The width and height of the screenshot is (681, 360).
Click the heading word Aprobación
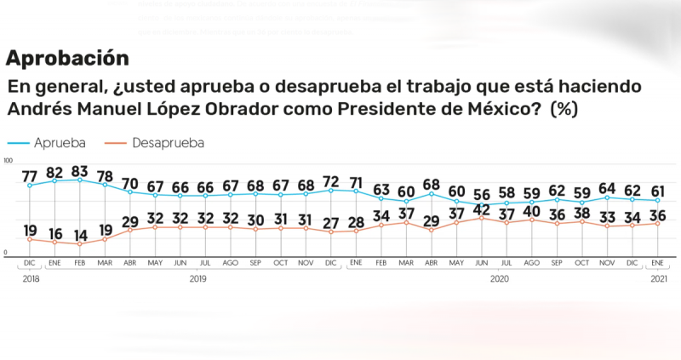click(67, 58)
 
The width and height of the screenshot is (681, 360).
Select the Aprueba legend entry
click(56, 142)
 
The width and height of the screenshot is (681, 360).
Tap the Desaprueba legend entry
click(168, 142)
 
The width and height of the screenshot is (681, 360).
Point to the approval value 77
click(30, 175)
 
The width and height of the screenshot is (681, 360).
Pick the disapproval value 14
click(81, 234)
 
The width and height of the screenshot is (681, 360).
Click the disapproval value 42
click(482, 209)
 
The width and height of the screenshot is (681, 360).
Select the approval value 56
click(482, 194)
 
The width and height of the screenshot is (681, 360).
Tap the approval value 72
click(331, 180)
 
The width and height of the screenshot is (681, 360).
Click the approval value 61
click(658, 190)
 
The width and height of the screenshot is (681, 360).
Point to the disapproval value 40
click(532, 210)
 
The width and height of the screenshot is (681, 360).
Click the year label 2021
click(658, 278)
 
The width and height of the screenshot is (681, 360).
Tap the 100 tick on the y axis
click(9, 161)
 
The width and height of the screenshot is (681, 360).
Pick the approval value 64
click(608, 187)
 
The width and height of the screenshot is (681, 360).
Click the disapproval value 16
click(55, 232)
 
